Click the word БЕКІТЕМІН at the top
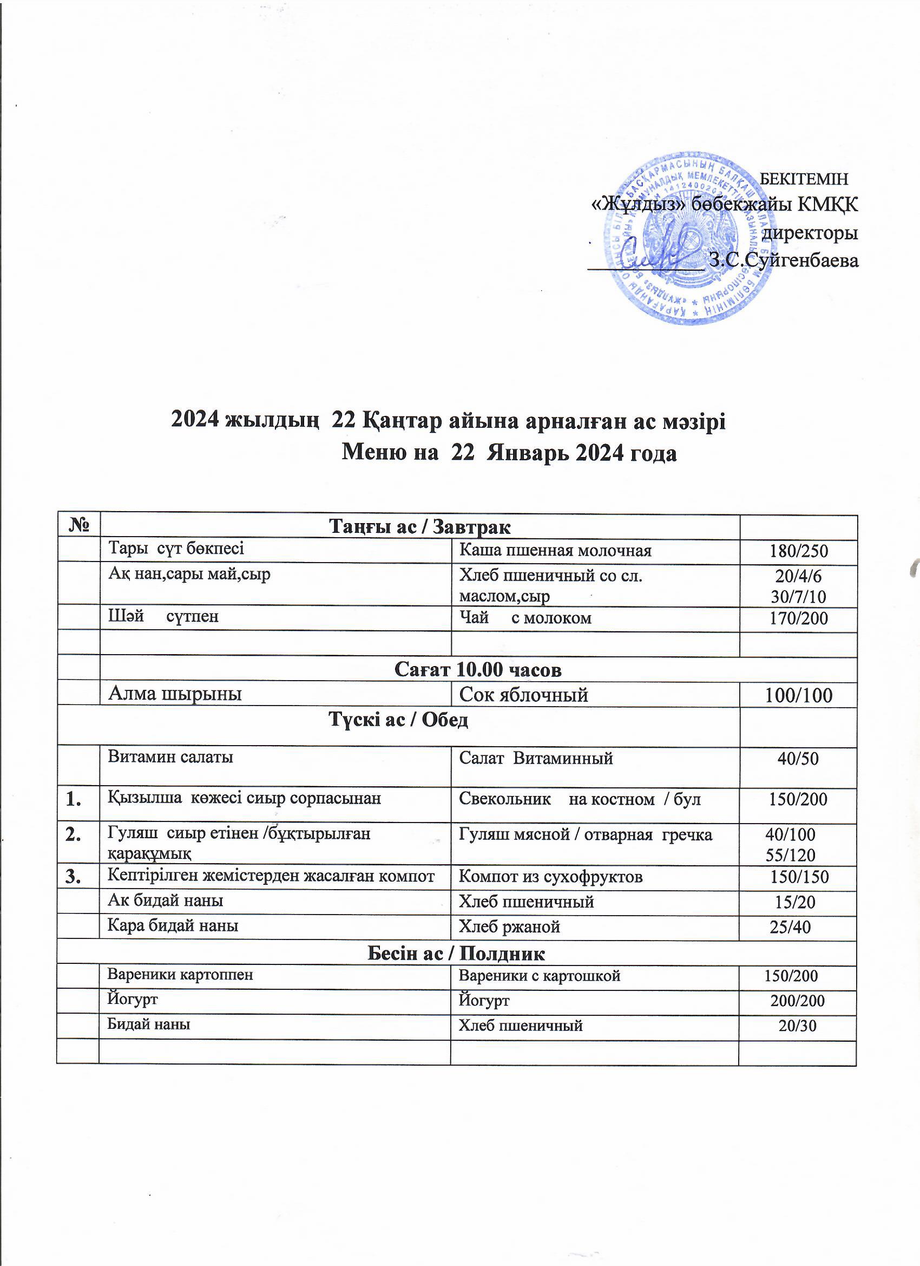pos(804,179)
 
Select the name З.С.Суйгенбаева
pos(783,260)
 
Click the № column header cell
pos(78,526)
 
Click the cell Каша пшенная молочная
pos(555,551)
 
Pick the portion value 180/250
pos(798,551)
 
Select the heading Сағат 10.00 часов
pos(477,669)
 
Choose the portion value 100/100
pos(798,695)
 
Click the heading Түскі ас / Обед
pos(398,720)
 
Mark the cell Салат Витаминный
pos(536,758)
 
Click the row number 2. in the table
pos(72,835)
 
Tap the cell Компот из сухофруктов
pos(550,877)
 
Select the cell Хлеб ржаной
pos(509,927)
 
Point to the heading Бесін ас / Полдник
pos(456,954)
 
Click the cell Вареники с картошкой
pos(539,976)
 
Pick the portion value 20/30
pos(798,1026)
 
